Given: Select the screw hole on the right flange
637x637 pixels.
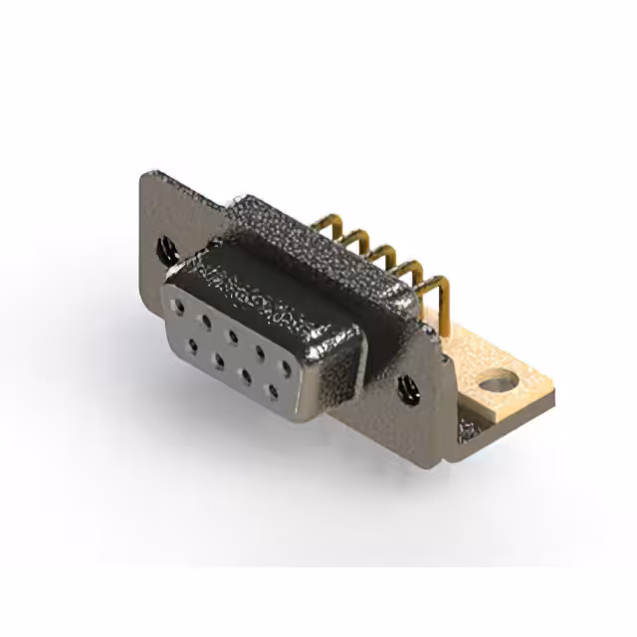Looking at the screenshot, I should pos(406,386).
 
